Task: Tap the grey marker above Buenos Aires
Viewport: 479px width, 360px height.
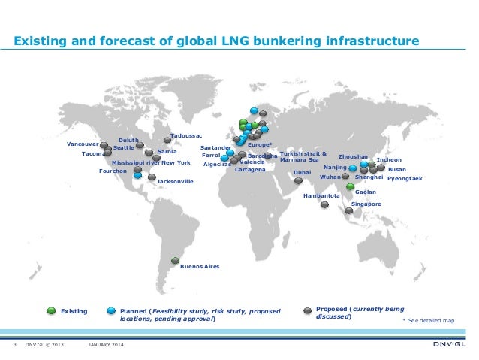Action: coord(176,260)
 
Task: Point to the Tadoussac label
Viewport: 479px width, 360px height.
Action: coord(187,135)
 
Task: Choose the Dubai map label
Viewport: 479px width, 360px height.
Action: coord(302,172)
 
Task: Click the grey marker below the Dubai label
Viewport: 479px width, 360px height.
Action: coord(298,180)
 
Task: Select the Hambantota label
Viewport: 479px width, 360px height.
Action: coord(321,195)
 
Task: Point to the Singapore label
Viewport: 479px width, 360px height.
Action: coord(366,204)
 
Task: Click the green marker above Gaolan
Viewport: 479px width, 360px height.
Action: coord(350,185)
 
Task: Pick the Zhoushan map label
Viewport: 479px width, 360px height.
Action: coord(353,157)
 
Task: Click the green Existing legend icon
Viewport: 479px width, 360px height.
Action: coord(50,310)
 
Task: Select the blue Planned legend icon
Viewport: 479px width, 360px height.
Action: coord(111,310)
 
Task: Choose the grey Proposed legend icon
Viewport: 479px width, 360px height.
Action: coord(307,310)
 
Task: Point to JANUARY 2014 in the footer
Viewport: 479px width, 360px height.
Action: coord(107,344)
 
